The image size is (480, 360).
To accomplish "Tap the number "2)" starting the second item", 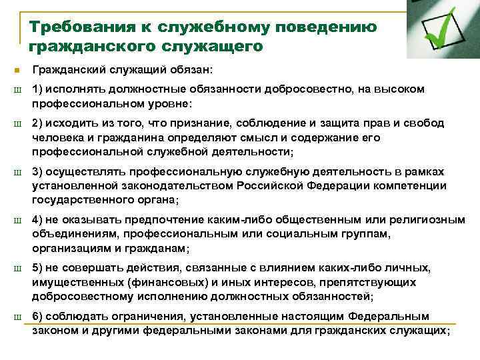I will pos(37,123).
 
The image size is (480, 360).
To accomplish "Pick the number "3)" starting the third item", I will pos(37,172).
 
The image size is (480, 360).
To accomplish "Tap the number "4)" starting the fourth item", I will pos(37,219).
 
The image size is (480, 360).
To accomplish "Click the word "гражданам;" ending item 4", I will pos(159,248).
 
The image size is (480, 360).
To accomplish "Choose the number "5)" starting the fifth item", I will pos(37,268).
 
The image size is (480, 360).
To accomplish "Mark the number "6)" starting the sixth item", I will pos(37,316).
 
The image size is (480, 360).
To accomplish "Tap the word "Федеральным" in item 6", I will pos(393,316).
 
